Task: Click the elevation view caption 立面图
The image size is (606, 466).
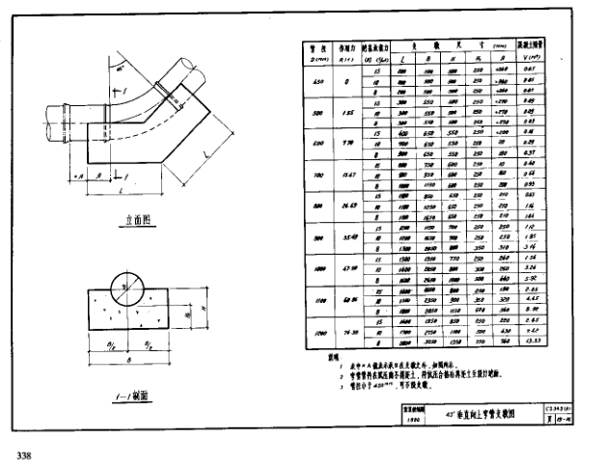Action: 131,219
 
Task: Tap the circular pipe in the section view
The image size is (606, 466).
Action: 129,287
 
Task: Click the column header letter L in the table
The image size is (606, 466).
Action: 402,58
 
